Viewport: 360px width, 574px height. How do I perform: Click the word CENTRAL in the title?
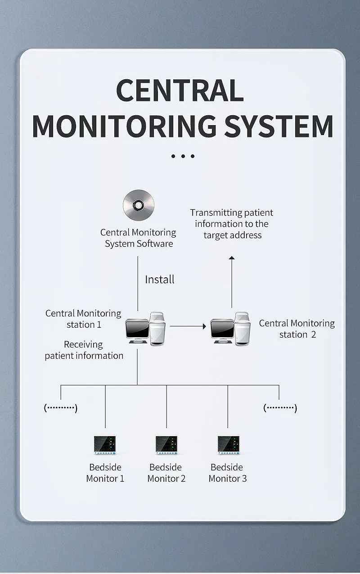180,90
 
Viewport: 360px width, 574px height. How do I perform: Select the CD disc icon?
139,205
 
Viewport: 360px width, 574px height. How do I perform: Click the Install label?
159,280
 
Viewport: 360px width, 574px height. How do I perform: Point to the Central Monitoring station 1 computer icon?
146,329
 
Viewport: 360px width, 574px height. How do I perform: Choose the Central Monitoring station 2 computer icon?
230,329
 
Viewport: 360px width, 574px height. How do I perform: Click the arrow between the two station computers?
188,326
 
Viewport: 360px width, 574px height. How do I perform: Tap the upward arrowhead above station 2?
232,258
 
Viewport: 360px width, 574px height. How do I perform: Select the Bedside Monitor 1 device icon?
105,445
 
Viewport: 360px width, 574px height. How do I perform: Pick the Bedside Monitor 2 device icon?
166,445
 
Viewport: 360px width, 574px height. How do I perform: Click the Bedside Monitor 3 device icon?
228,445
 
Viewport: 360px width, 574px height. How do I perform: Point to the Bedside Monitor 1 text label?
105,473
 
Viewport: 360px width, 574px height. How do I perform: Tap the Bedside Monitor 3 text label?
228,473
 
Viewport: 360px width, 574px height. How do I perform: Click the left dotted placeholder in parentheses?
61,408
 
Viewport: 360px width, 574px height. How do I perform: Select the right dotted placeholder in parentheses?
280,408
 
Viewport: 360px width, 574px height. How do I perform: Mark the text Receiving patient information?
84,350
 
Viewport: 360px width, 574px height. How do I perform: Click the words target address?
232,235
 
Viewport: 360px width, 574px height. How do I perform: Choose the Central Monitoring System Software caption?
139,238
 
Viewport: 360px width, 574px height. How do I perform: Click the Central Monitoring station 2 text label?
297,329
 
